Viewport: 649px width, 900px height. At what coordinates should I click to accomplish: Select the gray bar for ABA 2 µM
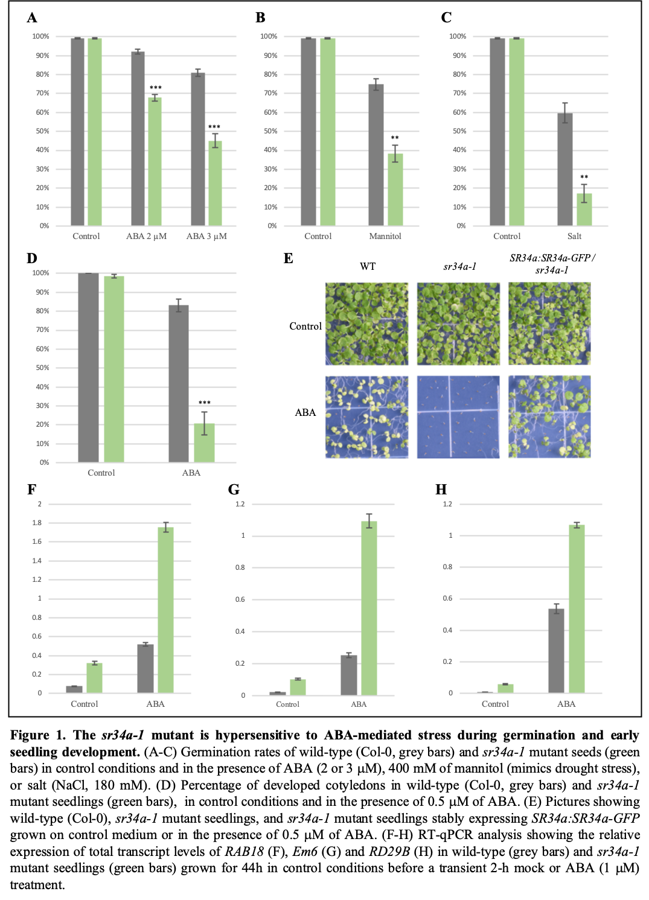[138, 139]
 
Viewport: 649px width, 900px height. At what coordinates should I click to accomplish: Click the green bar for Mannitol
[395, 190]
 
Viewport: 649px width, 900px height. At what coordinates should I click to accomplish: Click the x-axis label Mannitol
[385, 236]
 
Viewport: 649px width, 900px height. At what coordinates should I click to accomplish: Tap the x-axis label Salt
[574, 236]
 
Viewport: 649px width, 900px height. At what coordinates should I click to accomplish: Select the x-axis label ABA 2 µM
[146, 236]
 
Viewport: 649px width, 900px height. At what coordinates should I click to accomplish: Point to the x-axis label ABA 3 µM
[206, 236]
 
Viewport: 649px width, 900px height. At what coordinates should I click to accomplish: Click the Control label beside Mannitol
[318, 236]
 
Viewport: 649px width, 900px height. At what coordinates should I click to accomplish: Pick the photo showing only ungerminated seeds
[458, 416]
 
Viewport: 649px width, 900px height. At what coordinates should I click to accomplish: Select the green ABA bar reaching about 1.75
[165, 610]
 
